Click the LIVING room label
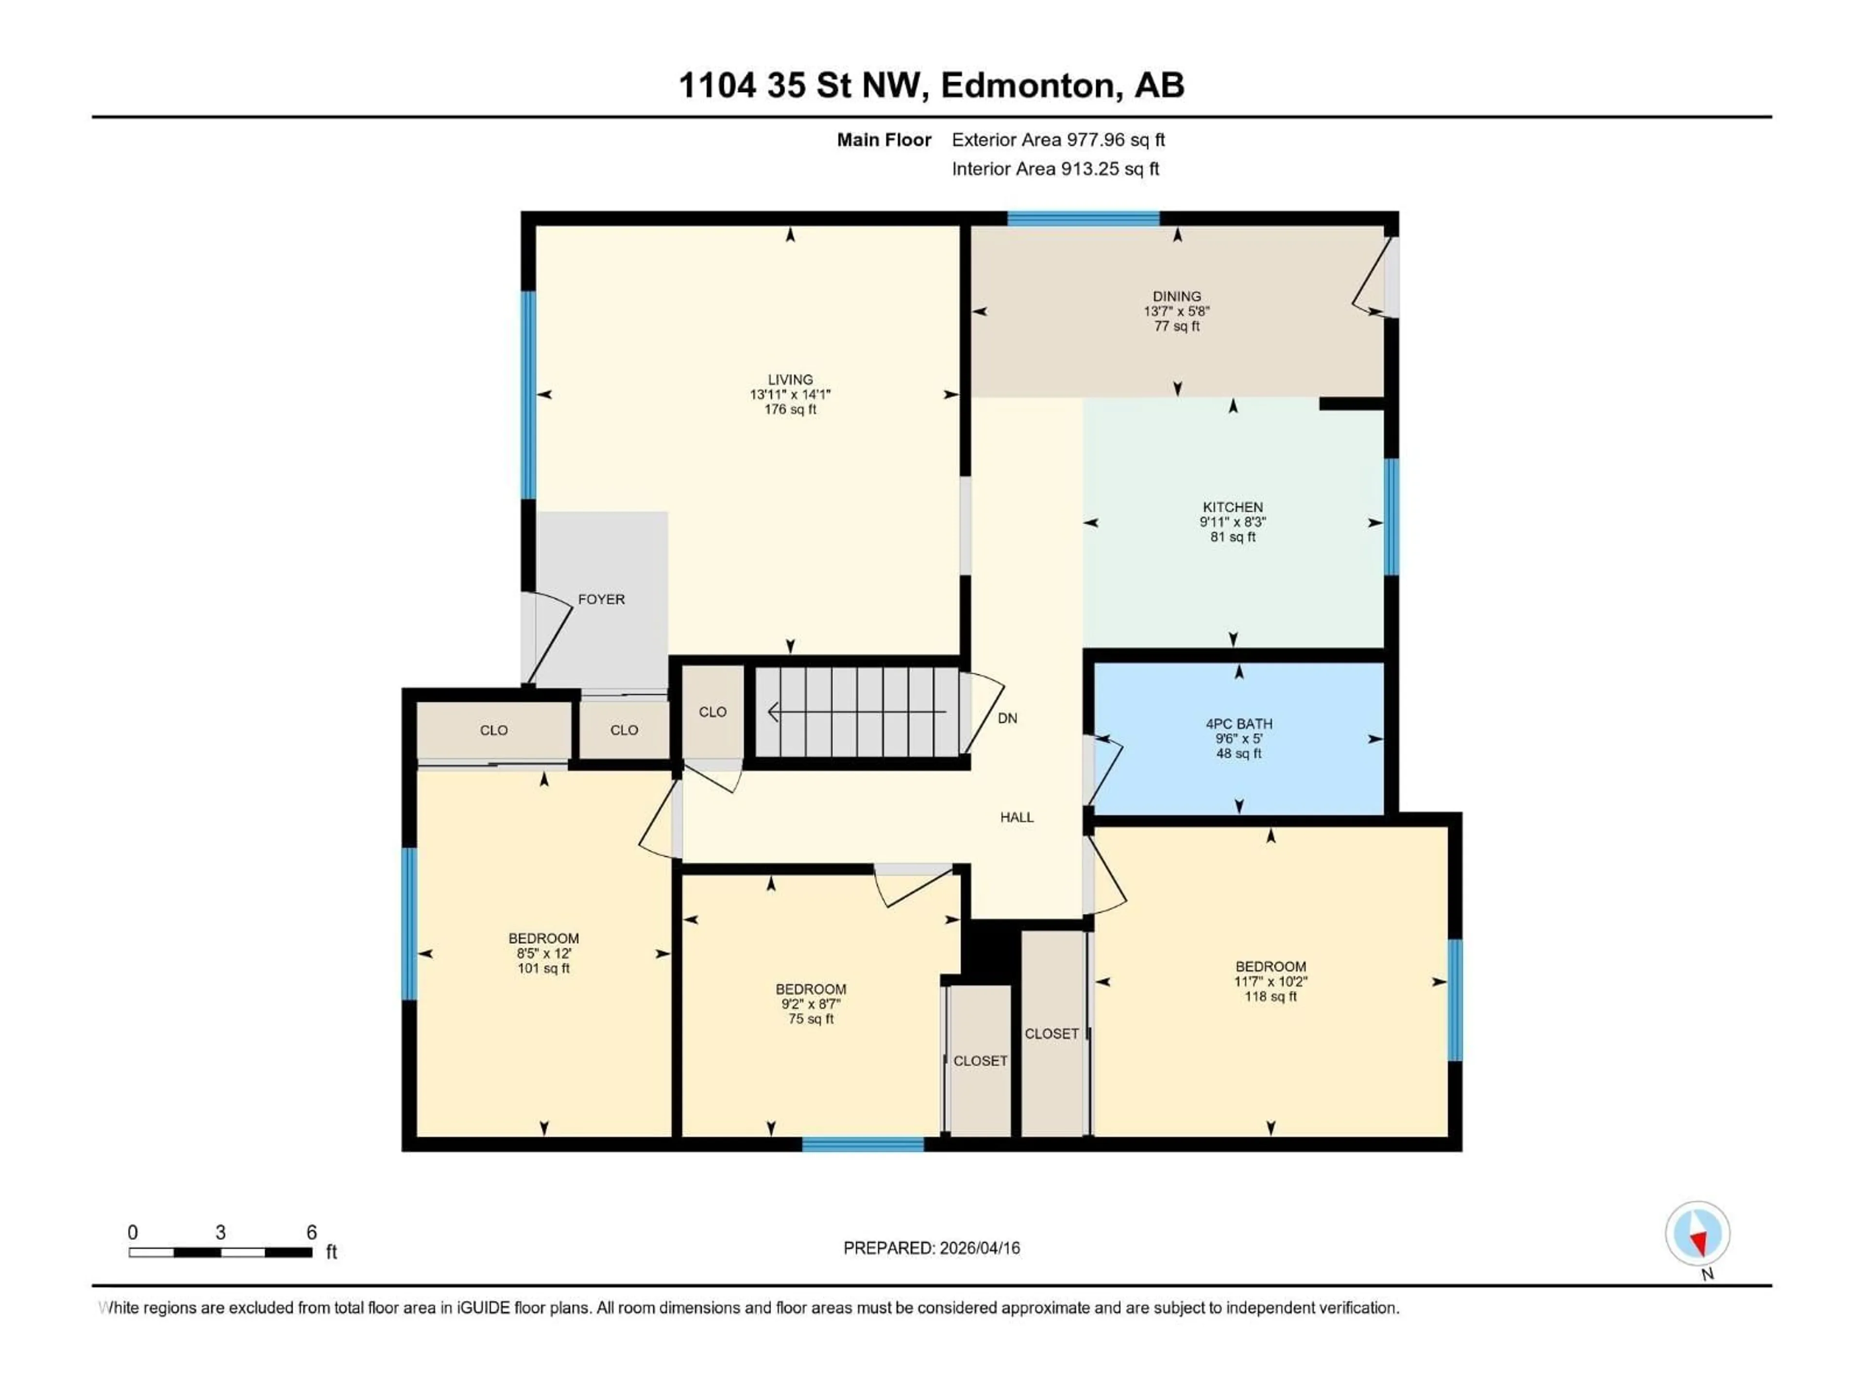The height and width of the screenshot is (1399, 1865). [790, 379]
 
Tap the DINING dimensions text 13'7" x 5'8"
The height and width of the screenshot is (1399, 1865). [1176, 311]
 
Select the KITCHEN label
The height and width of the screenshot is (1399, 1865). [1233, 507]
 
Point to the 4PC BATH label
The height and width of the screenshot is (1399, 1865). [1238, 723]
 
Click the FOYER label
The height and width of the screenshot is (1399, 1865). [601, 599]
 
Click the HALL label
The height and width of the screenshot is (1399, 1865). [1017, 817]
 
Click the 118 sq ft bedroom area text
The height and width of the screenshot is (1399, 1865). [1271, 997]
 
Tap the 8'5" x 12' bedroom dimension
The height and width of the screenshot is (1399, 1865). [544, 954]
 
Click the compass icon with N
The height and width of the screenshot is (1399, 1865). [1697, 1234]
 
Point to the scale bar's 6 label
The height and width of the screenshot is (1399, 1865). [311, 1233]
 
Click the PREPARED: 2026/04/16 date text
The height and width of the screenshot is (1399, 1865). [932, 1248]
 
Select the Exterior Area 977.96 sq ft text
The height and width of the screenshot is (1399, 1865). [1058, 140]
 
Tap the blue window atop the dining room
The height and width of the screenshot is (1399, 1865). [1084, 219]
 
